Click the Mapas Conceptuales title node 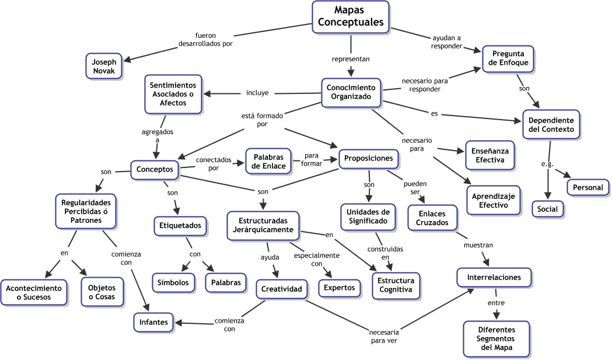[351, 16]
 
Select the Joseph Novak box [104, 67]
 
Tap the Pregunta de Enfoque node [508, 58]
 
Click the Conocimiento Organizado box [351, 92]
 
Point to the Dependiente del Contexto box [551, 124]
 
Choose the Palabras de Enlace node [268, 162]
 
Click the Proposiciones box [369, 158]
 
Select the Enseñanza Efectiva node [489, 155]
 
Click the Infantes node [153, 321]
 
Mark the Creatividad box [281, 289]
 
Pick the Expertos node [339, 287]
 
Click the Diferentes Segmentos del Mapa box [496, 338]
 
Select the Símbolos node [173, 282]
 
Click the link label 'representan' [351, 59]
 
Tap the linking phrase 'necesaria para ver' [384, 336]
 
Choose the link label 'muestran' [478, 246]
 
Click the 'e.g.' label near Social [547, 164]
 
